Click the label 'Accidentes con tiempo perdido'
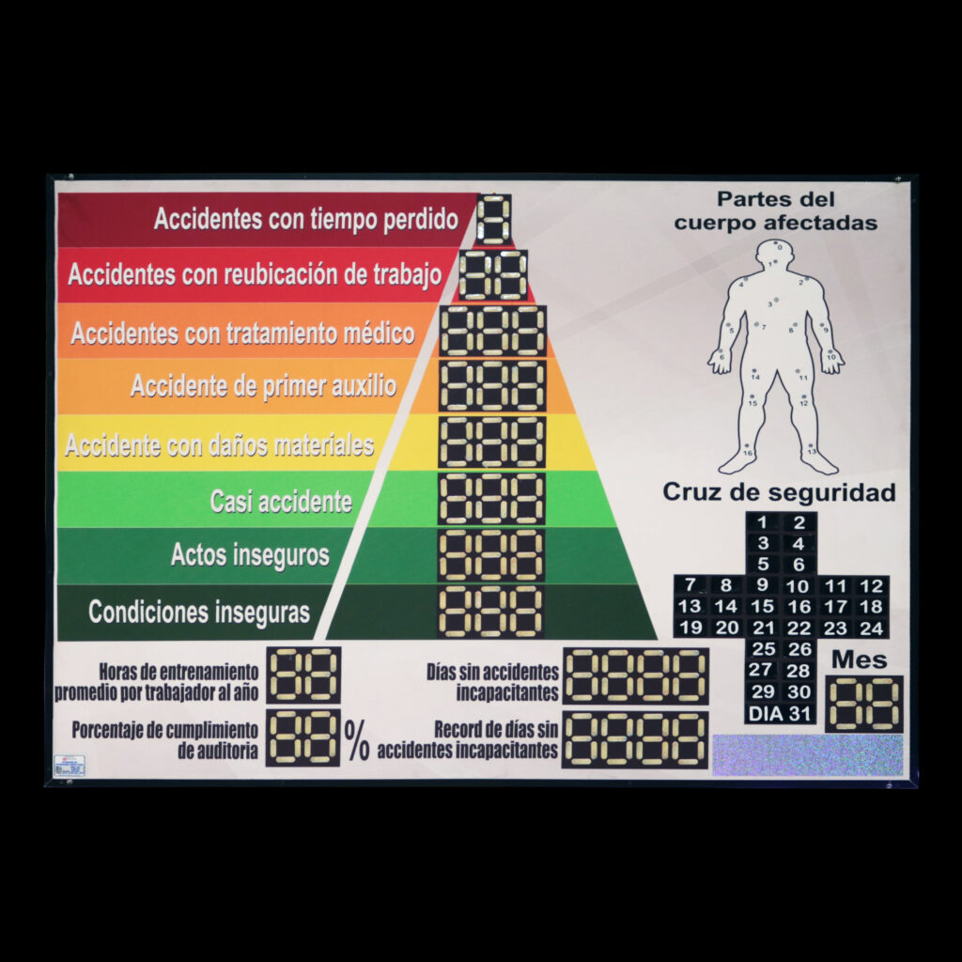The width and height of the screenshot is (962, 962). [x=306, y=220]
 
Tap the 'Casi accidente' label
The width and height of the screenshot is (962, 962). [x=281, y=501]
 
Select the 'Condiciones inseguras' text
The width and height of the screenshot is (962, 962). [x=199, y=613]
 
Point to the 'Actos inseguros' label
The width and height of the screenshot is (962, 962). [x=250, y=555]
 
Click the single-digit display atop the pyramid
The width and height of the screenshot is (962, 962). [x=494, y=220]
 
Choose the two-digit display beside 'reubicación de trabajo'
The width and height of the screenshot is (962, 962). [x=493, y=275]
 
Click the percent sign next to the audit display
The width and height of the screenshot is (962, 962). [x=357, y=740]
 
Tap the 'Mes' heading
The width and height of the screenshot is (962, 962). [x=859, y=659]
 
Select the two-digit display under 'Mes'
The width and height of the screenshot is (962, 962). [x=864, y=704]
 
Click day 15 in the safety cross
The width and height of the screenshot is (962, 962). [x=763, y=607]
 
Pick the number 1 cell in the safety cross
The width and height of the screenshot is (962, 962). [x=763, y=523]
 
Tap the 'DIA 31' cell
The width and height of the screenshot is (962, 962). [x=780, y=714]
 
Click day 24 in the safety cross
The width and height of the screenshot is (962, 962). [x=872, y=628]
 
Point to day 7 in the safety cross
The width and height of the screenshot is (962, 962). [x=690, y=585]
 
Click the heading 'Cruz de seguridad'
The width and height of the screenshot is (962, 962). [x=779, y=492]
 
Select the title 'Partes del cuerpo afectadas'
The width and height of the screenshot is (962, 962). [x=776, y=211]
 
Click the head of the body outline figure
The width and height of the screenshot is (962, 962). [x=777, y=252]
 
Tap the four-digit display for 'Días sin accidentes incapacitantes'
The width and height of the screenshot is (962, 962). [x=636, y=675]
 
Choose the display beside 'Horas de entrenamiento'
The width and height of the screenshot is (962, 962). [x=303, y=675]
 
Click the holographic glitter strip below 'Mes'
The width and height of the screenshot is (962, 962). [x=808, y=755]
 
